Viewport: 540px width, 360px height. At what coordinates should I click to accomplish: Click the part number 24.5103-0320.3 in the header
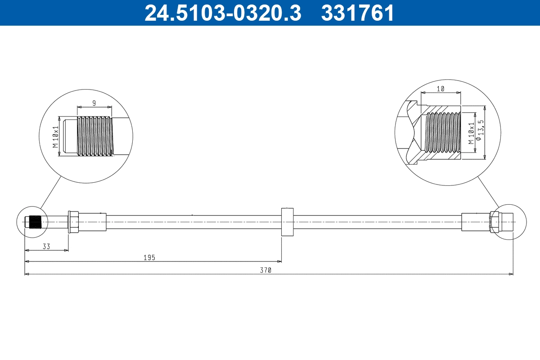[x=222, y=13]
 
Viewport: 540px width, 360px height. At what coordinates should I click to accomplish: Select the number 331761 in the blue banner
[x=357, y=13]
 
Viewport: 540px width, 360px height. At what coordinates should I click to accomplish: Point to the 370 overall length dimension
[x=266, y=270]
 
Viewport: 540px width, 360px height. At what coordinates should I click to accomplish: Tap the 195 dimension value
[x=149, y=258]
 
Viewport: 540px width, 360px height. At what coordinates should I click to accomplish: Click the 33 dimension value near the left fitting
[x=46, y=247]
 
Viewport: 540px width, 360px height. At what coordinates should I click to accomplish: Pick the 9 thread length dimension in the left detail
[x=94, y=103]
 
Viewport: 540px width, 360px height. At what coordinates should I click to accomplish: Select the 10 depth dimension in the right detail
[x=440, y=89]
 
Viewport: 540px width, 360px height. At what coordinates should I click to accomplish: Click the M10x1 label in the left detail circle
[x=56, y=137]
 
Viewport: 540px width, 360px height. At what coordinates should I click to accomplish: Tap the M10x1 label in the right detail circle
[x=471, y=133]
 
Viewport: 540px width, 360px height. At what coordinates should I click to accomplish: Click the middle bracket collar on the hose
[x=287, y=222]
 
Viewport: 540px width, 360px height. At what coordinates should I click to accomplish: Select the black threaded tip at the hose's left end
[x=35, y=222]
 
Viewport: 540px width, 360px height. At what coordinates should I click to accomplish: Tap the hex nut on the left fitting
[x=73, y=222]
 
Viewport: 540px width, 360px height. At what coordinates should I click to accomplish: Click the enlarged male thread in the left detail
[x=94, y=137]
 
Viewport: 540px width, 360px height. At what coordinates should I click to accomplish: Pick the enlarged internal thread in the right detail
[x=443, y=133]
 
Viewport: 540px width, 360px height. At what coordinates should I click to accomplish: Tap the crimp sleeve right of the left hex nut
[x=93, y=222]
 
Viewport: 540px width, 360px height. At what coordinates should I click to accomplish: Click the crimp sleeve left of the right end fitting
[x=475, y=222]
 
